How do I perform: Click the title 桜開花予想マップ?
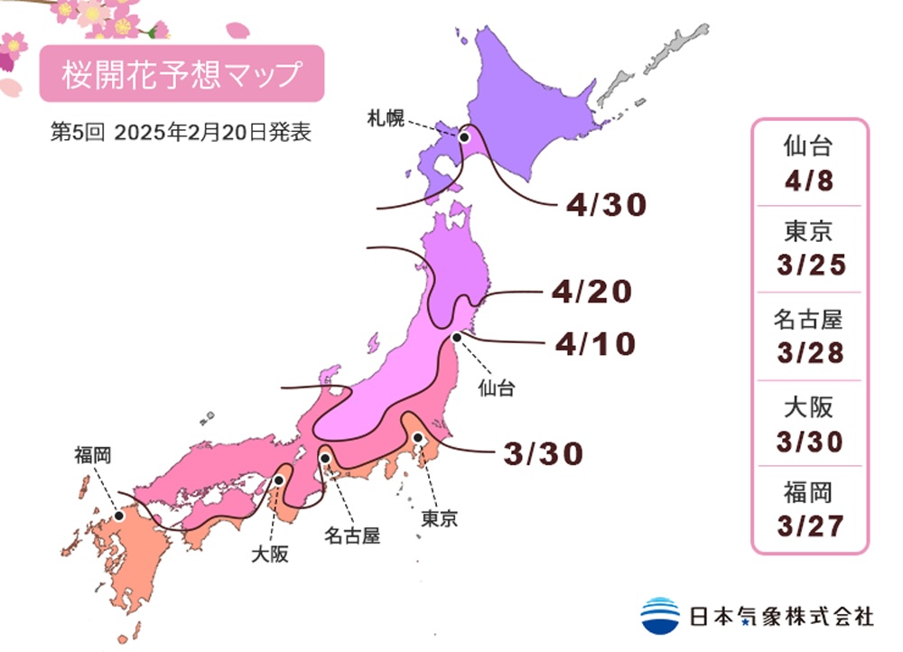point(181,73)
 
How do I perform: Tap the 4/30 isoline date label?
point(607,206)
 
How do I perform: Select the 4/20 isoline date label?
point(591,292)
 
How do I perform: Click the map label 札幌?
point(386,116)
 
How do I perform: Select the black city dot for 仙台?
point(458,337)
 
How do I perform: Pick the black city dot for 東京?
point(418,438)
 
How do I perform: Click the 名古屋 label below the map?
point(352,536)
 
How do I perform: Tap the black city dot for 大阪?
point(280,480)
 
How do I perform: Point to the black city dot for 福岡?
point(118,516)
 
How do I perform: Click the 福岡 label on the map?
point(93,456)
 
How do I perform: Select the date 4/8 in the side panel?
point(808,180)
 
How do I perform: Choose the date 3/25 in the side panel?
point(808,266)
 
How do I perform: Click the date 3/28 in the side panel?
point(808,352)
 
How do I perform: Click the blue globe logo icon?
point(660,616)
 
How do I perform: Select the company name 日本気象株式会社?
point(782,617)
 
